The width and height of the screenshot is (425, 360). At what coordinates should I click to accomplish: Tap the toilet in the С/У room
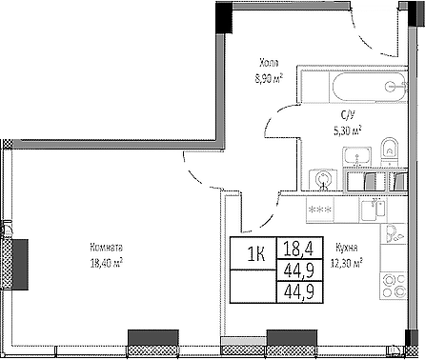pos(388,150)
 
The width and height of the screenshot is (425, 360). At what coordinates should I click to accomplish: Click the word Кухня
pos(346,245)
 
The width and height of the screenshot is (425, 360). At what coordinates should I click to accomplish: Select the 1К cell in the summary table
pos(253,252)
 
